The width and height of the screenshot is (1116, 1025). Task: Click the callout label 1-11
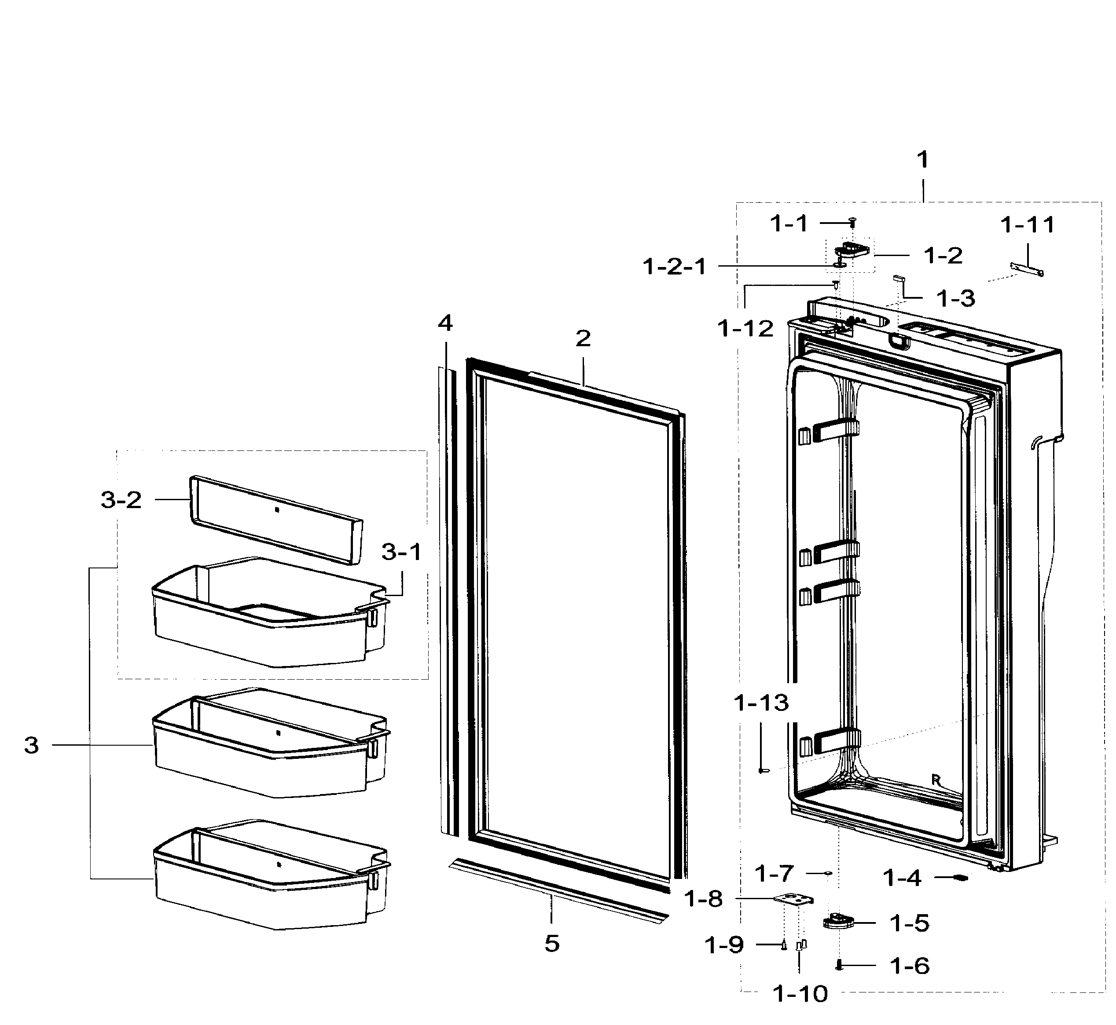tap(1027, 225)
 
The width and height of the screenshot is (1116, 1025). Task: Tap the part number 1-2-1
tap(674, 267)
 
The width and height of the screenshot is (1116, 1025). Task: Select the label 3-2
tap(121, 500)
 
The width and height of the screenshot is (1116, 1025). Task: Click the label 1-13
tap(761, 703)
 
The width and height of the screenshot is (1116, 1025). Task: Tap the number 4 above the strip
tap(445, 323)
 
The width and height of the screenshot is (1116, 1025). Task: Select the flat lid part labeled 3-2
tap(276, 519)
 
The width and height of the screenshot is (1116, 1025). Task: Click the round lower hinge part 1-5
tap(837, 921)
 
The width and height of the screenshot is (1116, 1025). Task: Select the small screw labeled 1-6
tap(840, 966)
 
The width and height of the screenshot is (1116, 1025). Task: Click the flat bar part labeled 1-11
tap(1027, 269)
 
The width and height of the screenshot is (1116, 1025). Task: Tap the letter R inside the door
tap(936, 780)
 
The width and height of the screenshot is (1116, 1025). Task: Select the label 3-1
tap(402, 552)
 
